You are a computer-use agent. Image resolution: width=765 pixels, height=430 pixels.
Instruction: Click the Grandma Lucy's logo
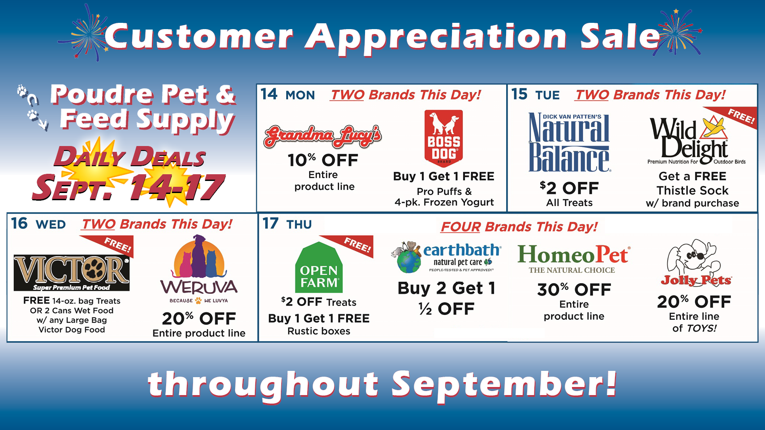323,136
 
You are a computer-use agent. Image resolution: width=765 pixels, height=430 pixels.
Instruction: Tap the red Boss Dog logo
443,138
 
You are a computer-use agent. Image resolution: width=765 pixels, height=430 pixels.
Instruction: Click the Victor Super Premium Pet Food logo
72,272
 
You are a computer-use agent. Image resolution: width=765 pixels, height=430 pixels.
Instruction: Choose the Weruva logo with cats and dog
199,270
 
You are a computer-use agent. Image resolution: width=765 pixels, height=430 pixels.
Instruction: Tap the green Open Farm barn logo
318,267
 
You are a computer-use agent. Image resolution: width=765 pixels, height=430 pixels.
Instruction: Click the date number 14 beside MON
269,94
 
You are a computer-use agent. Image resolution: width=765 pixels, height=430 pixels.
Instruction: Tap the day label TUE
547,95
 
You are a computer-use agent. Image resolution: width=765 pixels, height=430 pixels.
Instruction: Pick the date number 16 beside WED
19,224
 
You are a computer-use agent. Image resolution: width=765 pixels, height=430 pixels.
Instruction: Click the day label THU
299,224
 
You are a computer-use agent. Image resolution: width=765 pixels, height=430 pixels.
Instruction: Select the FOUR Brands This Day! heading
519,227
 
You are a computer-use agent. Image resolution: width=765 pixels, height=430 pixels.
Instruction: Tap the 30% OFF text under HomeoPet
574,290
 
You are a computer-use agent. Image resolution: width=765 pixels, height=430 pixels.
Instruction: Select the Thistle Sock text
692,190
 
